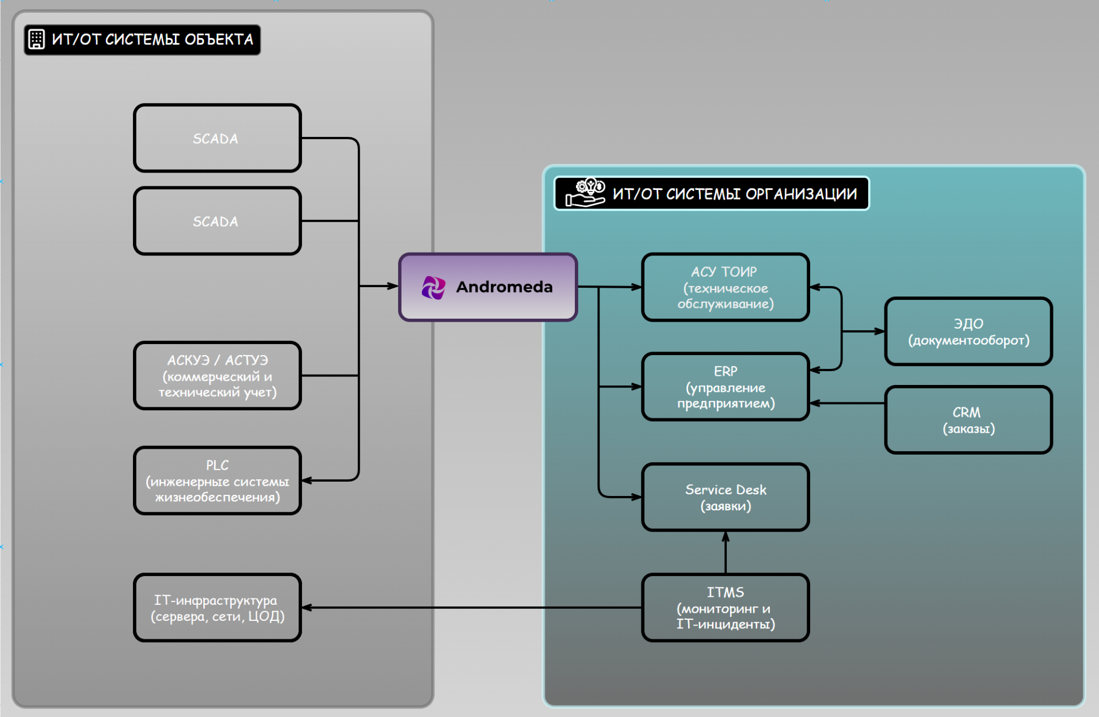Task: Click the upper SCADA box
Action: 217,138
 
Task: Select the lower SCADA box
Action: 217,221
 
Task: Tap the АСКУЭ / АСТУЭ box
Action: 217,376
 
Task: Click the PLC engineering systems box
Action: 217,480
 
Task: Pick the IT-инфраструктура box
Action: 217,608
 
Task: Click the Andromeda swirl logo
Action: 433,287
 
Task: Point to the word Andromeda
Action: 504,287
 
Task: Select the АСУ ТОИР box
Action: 725,287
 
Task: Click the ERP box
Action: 725,387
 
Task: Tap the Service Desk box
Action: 725,497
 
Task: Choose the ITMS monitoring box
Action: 725,608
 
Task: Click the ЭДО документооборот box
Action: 968,331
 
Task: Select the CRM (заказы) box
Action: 968,420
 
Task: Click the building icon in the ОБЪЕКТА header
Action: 36,39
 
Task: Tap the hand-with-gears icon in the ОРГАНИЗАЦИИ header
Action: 585,193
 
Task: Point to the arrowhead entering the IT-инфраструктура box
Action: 307,608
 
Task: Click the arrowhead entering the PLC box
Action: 307,480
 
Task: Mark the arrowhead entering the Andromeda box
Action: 393,286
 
